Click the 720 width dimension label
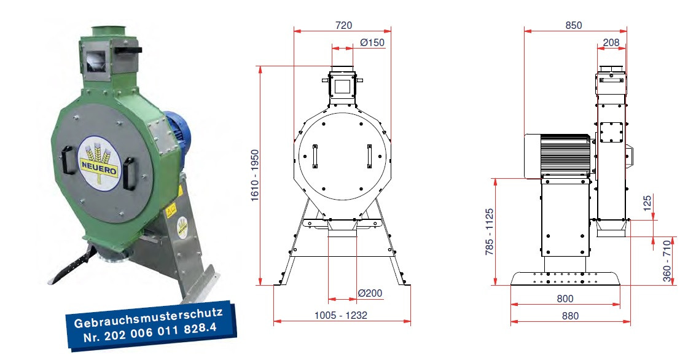(x=343, y=25)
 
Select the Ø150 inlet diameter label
(x=372, y=42)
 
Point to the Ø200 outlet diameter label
(x=370, y=293)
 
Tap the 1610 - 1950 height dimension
(x=255, y=176)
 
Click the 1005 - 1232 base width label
(x=341, y=315)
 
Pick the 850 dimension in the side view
(x=574, y=25)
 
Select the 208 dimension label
(x=611, y=42)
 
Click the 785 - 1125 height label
(x=490, y=232)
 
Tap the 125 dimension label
(x=647, y=203)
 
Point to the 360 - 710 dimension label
(x=667, y=260)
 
